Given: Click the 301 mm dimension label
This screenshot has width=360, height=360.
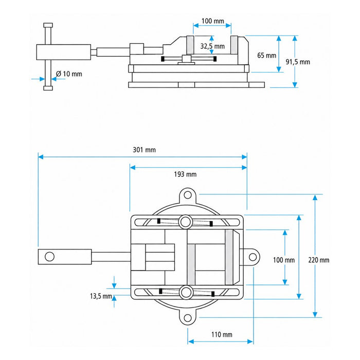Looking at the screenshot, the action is coord(144,150).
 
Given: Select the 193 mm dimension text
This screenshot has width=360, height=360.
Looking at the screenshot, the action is coord(185,174).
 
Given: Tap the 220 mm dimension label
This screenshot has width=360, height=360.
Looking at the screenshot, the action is coord(319,260).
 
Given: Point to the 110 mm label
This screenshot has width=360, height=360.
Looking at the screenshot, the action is coord(222,334).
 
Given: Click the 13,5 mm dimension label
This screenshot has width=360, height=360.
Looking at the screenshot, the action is coord(101,296).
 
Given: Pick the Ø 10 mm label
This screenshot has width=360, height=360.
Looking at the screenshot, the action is coord(69,74).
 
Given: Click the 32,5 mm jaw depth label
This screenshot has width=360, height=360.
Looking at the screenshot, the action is coord(212,46).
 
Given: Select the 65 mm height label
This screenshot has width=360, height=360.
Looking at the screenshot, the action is coord(266,56).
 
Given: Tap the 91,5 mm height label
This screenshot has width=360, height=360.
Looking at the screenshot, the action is coord(298,62).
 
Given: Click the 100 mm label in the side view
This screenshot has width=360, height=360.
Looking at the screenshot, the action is coord(212,21).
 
